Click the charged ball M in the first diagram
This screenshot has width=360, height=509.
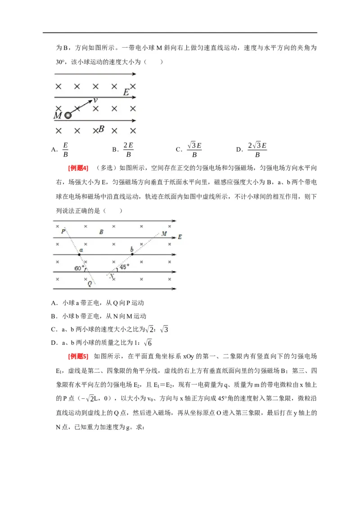68,116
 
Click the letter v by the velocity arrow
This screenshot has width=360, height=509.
96,101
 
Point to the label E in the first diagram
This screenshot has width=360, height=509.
126,92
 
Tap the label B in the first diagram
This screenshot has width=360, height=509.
102,129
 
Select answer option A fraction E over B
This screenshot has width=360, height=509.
65,150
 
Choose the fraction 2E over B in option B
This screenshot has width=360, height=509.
128,150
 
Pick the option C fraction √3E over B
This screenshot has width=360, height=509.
194,150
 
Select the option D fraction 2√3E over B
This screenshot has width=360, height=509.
257,150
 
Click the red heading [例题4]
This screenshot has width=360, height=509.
78,168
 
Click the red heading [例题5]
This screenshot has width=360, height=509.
78,357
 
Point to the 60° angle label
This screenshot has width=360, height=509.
79,268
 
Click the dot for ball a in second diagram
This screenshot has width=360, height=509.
79,254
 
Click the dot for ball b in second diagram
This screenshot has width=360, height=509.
132,254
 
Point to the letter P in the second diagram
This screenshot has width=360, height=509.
63,231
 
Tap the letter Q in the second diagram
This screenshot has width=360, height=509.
90,284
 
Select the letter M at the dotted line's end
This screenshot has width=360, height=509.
164,233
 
